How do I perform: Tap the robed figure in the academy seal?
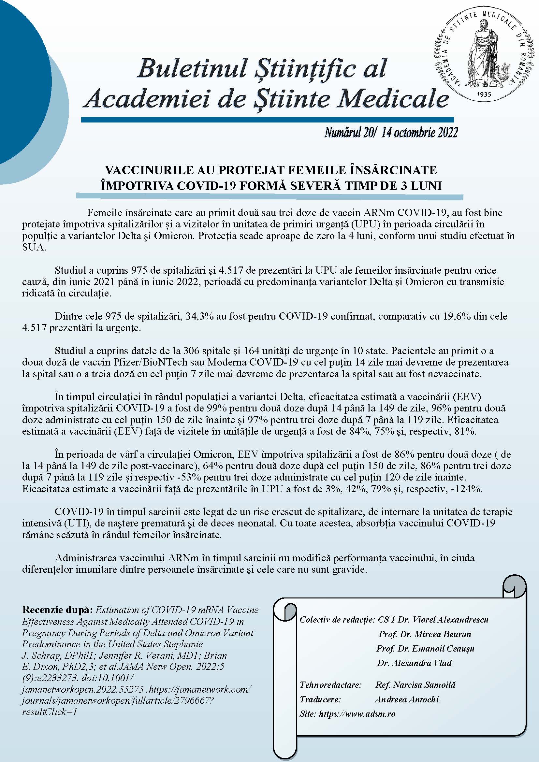click(483, 53)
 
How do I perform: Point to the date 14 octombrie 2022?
click(419, 133)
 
